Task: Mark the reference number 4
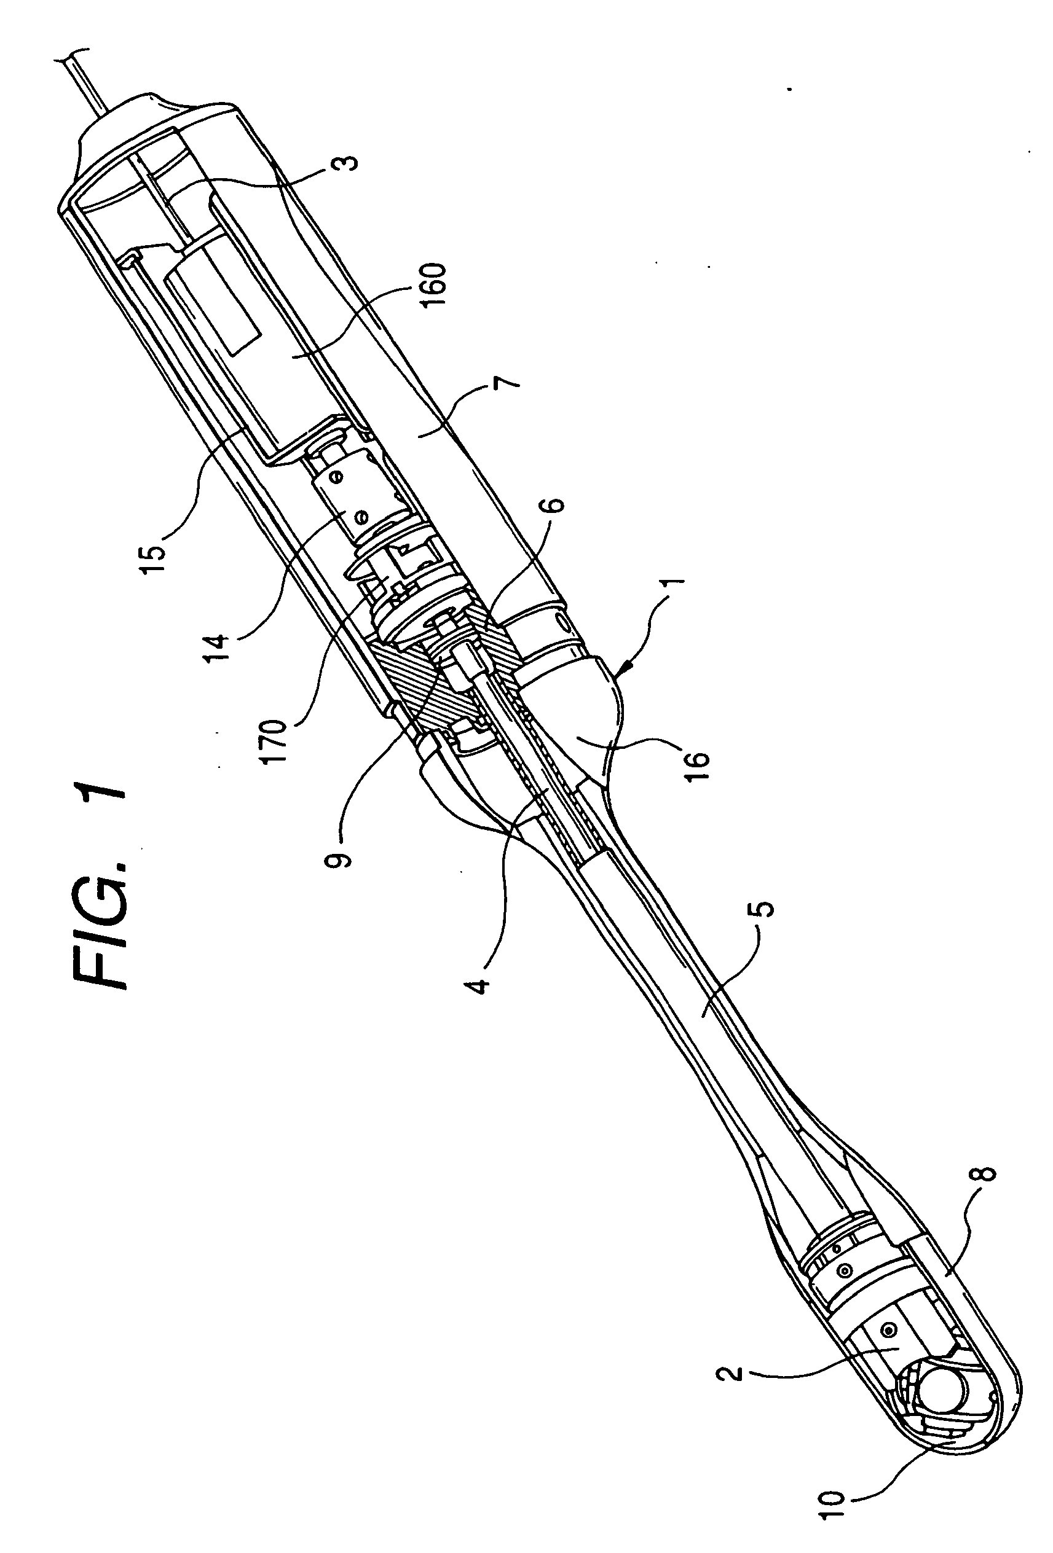point(483,981)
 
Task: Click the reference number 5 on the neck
point(766,910)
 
